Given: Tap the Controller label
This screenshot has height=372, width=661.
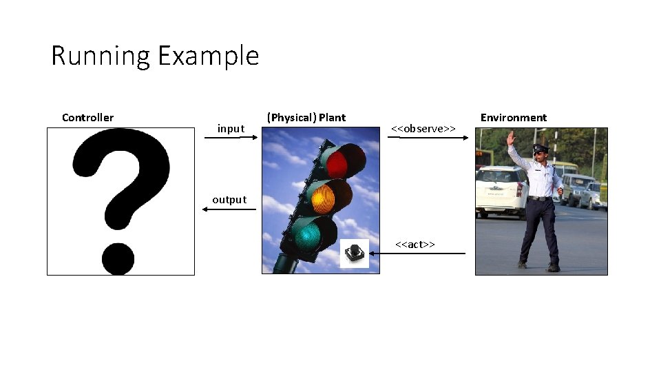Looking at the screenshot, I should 87,118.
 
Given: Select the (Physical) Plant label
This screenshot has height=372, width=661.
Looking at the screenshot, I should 306,118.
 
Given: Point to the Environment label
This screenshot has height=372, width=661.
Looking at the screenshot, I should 513,118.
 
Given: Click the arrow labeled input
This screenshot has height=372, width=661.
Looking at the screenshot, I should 231,138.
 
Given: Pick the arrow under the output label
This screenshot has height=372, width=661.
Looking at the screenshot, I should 229,209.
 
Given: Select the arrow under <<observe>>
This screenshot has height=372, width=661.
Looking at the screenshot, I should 428,138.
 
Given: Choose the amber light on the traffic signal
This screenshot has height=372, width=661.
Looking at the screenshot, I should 322,199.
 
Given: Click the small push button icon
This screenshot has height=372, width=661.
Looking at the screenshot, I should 355,254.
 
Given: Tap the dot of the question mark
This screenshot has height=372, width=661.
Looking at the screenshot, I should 118,258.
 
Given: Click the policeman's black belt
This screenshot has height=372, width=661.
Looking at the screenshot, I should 540,198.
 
